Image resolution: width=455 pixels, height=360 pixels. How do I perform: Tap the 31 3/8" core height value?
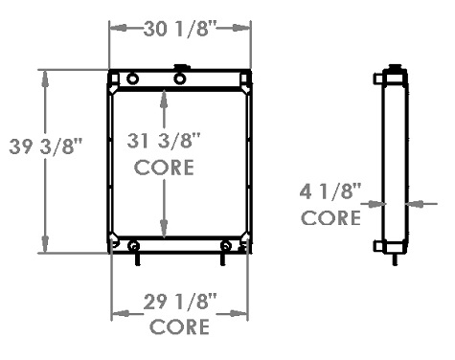[165, 142]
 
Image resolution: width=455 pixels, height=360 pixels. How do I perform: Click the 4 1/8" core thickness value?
[331, 192]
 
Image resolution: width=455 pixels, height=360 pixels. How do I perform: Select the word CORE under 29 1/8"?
[179, 326]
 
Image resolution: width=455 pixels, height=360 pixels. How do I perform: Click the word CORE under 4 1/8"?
[331, 217]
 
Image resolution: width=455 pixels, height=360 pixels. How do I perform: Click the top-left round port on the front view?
[132, 79]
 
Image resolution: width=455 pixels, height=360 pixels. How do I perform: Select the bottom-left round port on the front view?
[132, 245]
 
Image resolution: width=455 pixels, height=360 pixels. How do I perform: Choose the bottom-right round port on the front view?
[225, 245]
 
